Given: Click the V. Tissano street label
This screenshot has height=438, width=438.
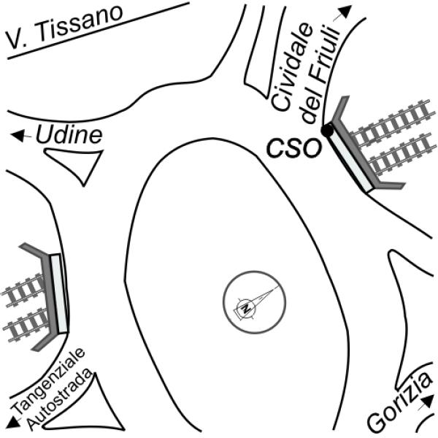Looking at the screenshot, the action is pos(65,27).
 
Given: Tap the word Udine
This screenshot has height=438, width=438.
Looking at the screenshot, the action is pos(69,134).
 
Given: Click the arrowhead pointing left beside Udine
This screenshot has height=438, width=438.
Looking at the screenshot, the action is pos(18,136).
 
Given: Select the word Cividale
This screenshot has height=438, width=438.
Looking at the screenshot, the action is pos(291,67).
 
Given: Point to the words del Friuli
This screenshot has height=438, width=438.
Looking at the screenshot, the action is pos(319,74).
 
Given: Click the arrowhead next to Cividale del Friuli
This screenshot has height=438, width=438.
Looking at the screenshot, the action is pos(345,12).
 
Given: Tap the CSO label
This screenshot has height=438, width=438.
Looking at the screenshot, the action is pos(293,148).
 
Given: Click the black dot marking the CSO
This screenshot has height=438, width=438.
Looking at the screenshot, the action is pos(327,130).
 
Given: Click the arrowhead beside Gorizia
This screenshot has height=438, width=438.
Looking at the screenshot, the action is pos(427,402).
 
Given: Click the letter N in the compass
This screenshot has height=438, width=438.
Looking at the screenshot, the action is pos(246,309).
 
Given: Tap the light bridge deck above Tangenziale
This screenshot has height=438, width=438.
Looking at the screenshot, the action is pos(60,293).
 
